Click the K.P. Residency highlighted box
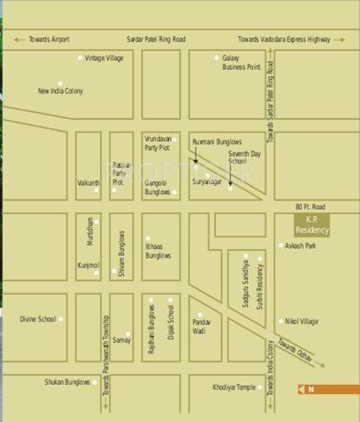click(x=311, y=225)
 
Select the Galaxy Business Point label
click(x=242, y=62)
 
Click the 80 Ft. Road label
click(x=309, y=207)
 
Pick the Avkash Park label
click(x=301, y=246)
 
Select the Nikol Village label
click(x=304, y=322)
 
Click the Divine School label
click(x=38, y=319)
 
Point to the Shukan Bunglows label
click(x=67, y=381)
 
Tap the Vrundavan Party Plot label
click(x=158, y=143)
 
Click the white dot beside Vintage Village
click(x=81, y=57)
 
